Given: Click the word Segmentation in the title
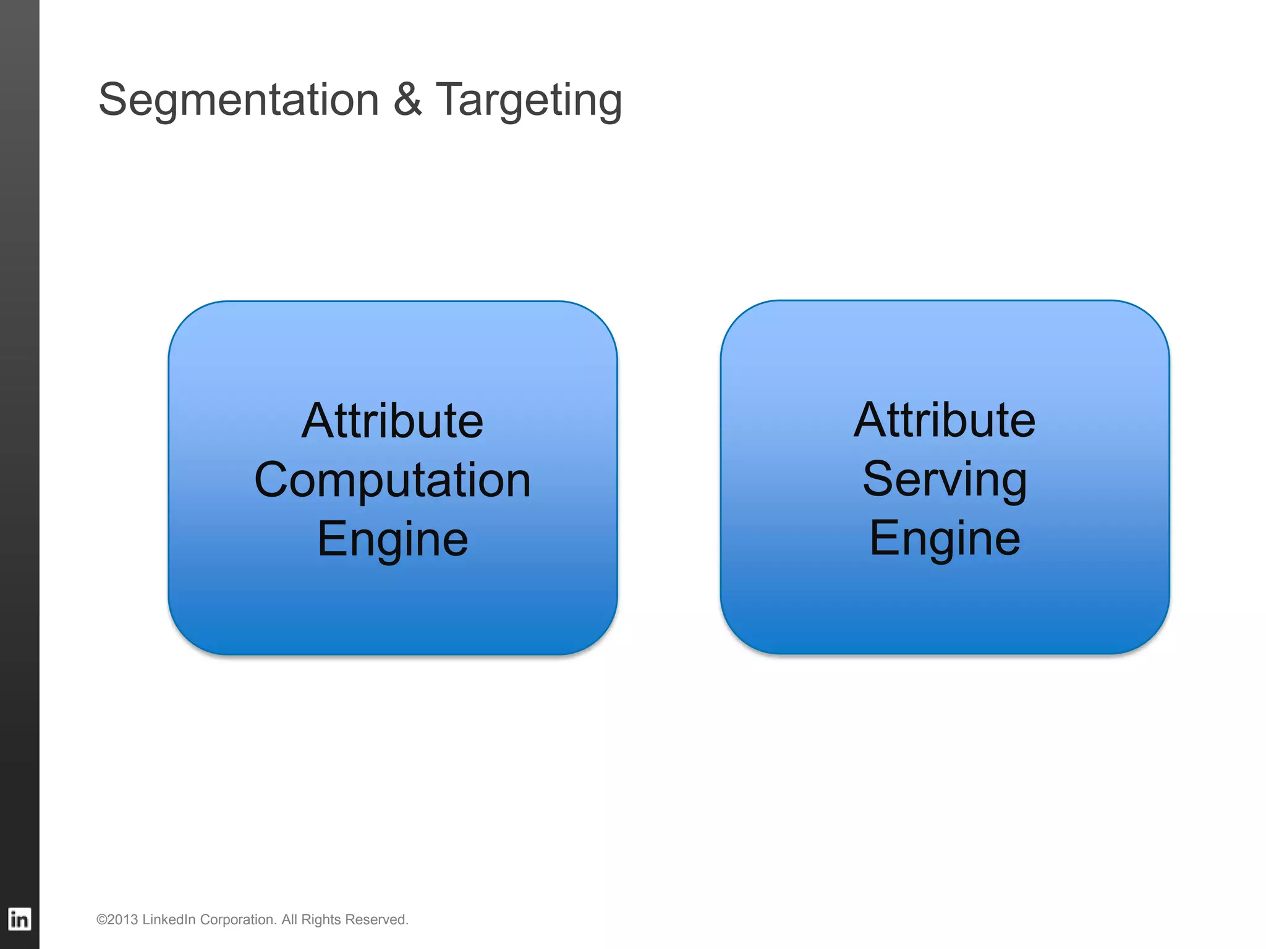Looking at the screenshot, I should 239,99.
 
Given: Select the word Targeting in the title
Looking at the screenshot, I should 529,101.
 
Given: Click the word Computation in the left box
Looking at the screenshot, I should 393,480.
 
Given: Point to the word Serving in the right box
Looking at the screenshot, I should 945,479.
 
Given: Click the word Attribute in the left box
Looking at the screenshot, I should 393,421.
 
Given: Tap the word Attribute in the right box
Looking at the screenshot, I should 945,420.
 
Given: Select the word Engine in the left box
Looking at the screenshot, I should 393,539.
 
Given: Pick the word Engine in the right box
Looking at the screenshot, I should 945,538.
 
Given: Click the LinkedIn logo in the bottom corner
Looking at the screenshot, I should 19,919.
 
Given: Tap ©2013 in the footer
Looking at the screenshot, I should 117,920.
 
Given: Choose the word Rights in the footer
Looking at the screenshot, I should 321,920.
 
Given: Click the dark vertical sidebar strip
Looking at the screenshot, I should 19,432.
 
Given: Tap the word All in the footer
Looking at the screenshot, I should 289,920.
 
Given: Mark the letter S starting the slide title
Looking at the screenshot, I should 112,99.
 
